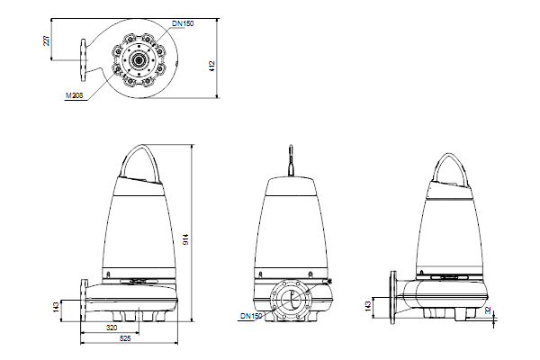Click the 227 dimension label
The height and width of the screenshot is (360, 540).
[46, 40]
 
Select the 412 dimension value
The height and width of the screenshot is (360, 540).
[211, 66]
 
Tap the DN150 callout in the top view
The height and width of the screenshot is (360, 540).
[183, 23]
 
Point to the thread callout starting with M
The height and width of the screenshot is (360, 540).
[75, 95]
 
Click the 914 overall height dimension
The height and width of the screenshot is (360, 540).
[185, 239]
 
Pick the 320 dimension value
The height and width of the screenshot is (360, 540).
[112, 328]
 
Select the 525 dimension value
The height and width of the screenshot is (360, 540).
[125, 338]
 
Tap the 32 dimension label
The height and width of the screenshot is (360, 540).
[488, 310]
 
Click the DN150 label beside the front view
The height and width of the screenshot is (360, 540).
[251, 316]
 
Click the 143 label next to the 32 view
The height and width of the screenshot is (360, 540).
[368, 307]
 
